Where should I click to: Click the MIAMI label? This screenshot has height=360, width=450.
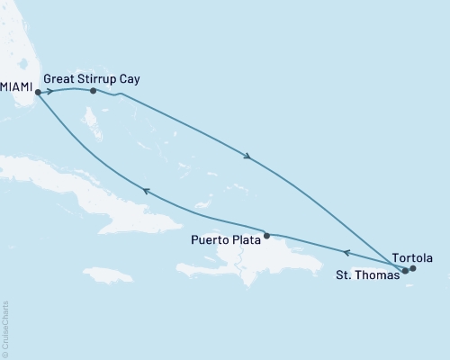(17, 91)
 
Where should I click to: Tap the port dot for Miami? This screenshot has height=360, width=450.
(38, 91)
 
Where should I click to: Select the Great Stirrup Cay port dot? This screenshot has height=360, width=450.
(94, 90)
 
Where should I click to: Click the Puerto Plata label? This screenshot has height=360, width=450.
(226, 240)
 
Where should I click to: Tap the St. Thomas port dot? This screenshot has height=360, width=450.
(406, 270)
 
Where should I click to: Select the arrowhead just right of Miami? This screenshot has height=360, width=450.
(49, 91)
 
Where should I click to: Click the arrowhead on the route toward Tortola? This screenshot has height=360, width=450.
(247, 157)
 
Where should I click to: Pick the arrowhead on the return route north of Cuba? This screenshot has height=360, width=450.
(144, 190)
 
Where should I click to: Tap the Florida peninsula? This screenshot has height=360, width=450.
(16, 45)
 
